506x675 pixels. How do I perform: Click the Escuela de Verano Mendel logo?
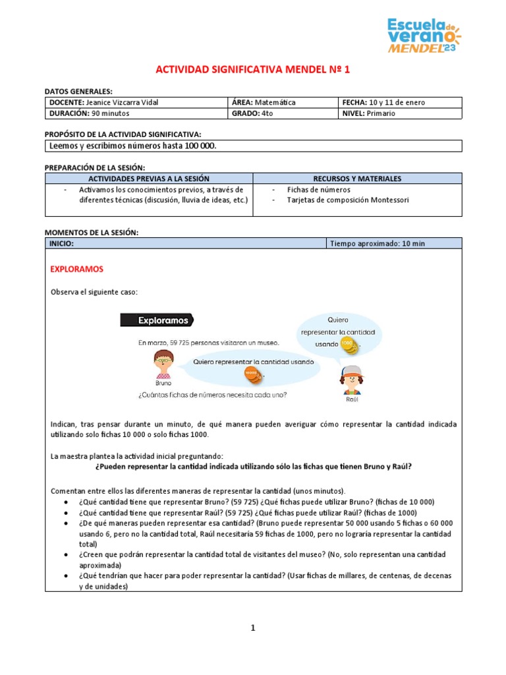[x=424, y=35]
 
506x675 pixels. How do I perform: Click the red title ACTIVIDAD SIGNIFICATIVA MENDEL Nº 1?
[x=253, y=70]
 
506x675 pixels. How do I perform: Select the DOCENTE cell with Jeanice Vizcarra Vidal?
[x=135, y=102]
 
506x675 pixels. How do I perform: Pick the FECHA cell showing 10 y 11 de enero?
[x=399, y=102]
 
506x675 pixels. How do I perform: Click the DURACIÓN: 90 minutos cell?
[x=135, y=113]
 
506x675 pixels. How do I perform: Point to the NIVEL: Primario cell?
[x=399, y=113]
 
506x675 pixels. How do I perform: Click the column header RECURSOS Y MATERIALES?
[x=357, y=179]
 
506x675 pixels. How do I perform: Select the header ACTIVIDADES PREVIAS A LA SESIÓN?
[x=149, y=179]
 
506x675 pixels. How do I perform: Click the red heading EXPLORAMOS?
[x=77, y=270]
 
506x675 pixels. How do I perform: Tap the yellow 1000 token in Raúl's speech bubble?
[x=347, y=344]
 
